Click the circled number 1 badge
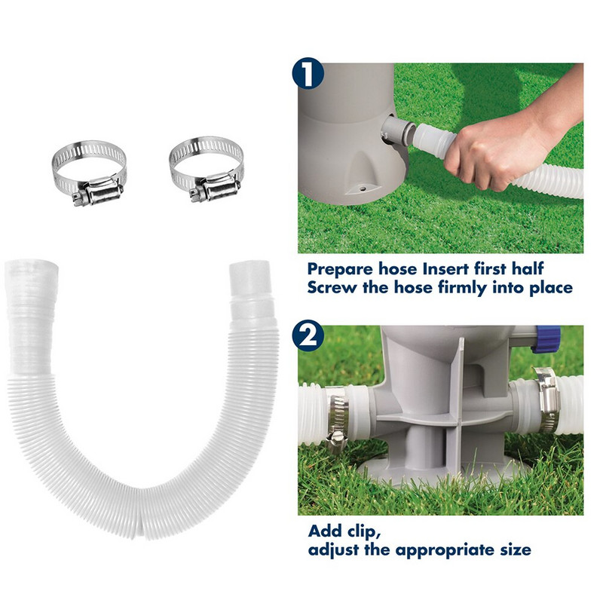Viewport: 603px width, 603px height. (x=308, y=75)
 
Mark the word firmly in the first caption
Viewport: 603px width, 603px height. (x=459, y=287)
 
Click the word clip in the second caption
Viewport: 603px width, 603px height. (x=366, y=530)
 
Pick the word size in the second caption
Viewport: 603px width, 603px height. (x=513, y=549)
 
